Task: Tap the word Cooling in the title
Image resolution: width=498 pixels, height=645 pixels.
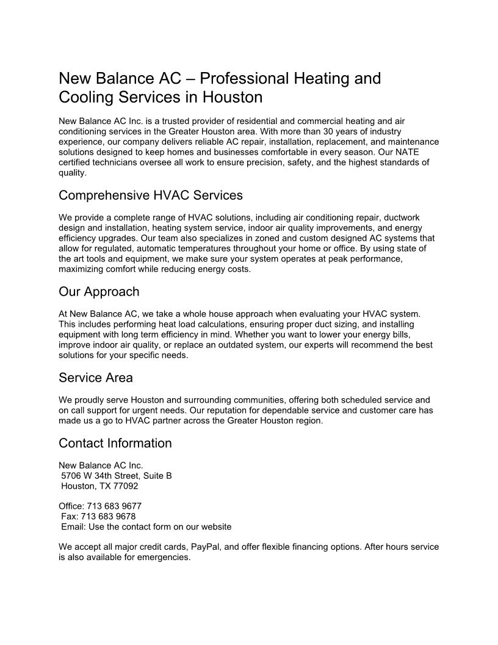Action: click(86, 97)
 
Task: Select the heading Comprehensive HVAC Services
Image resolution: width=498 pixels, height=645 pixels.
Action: click(151, 195)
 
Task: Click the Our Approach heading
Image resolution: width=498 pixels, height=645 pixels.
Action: click(99, 291)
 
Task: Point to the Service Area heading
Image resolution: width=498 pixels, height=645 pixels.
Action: click(96, 377)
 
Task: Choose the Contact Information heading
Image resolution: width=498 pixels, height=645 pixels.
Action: click(115, 443)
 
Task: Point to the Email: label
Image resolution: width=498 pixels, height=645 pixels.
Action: click(74, 527)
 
